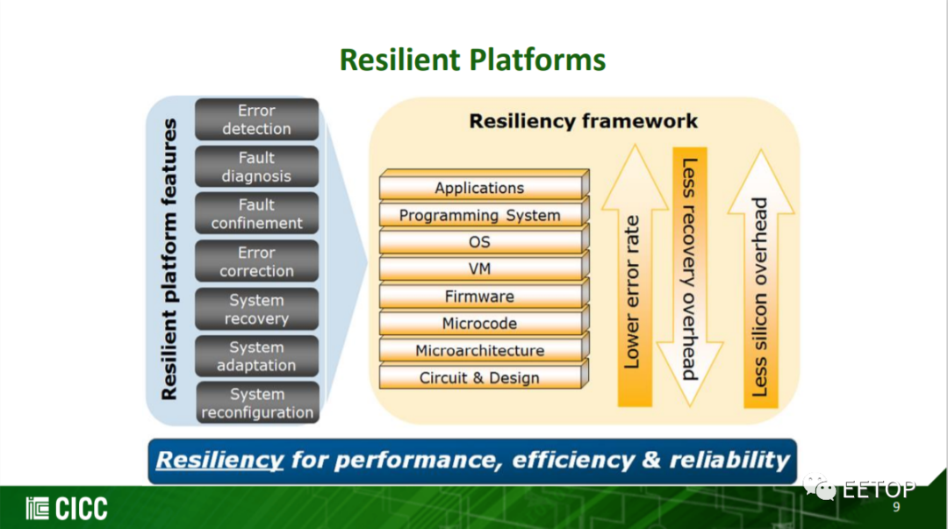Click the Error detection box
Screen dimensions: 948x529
pyautogui.click(x=257, y=119)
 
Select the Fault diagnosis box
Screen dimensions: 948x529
pyautogui.click(x=257, y=167)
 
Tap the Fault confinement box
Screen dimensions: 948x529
pyautogui.click(x=257, y=213)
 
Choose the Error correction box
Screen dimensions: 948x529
pyautogui.click(x=257, y=261)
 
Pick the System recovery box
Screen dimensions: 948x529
pyautogui.click(x=257, y=309)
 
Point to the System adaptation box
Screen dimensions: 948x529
pyautogui.click(x=257, y=356)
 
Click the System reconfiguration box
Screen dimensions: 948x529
pyautogui.click(x=257, y=403)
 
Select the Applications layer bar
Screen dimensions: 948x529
pyautogui.click(x=484, y=185)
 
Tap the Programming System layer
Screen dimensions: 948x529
pyautogui.click(x=484, y=213)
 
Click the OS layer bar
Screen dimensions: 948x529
pyautogui.click(x=484, y=240)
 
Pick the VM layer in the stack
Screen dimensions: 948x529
pyautogui.click(x=484, y=268)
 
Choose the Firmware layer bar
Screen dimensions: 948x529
pyautogui.click(x=484, y=295)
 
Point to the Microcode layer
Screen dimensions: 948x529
pyautogui.click(x=484, y=322)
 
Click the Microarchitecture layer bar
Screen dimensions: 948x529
pyautogui.click(x=484, y=349)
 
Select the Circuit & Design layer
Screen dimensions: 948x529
pyautogui.click(x=484, y=376)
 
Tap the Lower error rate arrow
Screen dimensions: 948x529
pyautogui.click(x=635, y=275)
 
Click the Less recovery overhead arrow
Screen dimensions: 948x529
pyautogui.click(x=690, y=276)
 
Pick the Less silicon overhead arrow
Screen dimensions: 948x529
pyautogui.click(x=760, y=279)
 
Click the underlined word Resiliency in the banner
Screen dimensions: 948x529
pyautogui.click(x=219, y=461)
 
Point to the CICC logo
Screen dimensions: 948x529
pyautogui.click(x=67, y=509)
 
